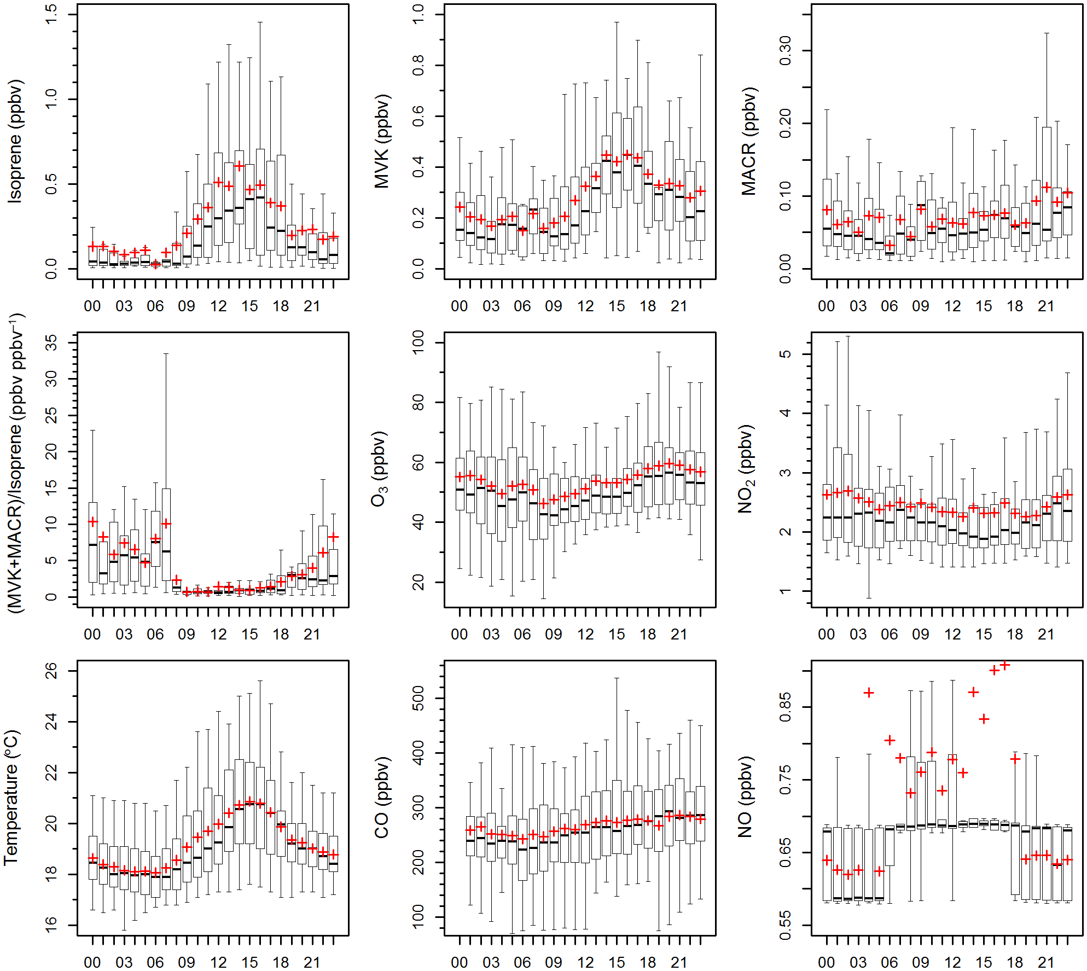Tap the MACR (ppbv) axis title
coord(749,141)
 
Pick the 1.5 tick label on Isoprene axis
coord(51,15)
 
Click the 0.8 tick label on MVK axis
coord(418,66)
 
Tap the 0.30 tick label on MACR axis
coord(785,50)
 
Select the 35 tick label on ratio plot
coord(51,343)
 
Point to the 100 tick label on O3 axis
coord(418,343)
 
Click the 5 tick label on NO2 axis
coord(785,354)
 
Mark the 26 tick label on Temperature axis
coord(51,671)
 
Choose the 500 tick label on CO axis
coord(418,699)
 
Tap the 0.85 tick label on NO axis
coord(785,707)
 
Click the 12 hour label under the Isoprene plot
coord(218,306)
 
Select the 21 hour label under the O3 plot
coord(679,635)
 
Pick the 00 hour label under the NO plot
coord(826,962)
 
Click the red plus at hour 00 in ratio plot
coord(93,522)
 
